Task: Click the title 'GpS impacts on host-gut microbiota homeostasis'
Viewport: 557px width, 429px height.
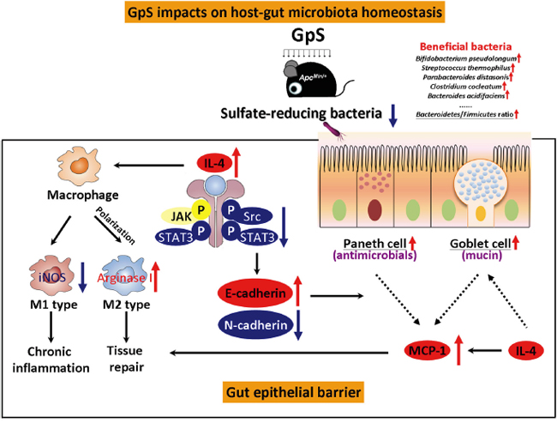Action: (278, 11)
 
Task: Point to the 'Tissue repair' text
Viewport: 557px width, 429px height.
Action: (125, 360)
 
